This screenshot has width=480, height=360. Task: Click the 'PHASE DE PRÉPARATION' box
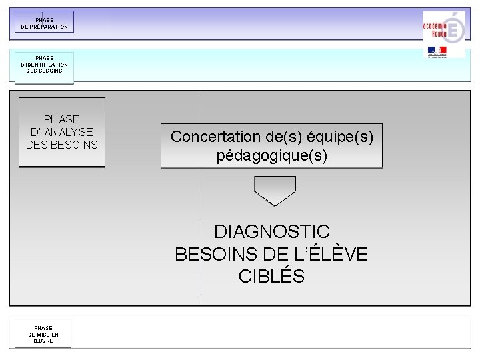[x=45, y=23]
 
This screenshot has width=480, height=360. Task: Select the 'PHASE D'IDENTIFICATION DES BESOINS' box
[x=44, y=67]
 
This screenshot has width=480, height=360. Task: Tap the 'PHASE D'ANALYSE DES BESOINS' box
[x=62, y=132]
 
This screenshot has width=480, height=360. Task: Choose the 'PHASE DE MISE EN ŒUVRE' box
[x=43, y=333]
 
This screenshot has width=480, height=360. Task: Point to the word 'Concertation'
[x=213, y=137]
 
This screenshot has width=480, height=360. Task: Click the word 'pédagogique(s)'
[x=272, y=156]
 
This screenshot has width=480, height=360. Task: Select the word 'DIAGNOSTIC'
[x=272, y=232]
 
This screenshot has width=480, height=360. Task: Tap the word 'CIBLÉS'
[x=271, y=276]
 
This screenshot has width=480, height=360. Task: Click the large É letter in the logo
[x=453, y=29]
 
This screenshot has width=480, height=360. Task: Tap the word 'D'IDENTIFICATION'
[x=44, y=65]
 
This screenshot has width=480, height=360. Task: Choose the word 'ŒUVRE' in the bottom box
[x=43, y=340]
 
